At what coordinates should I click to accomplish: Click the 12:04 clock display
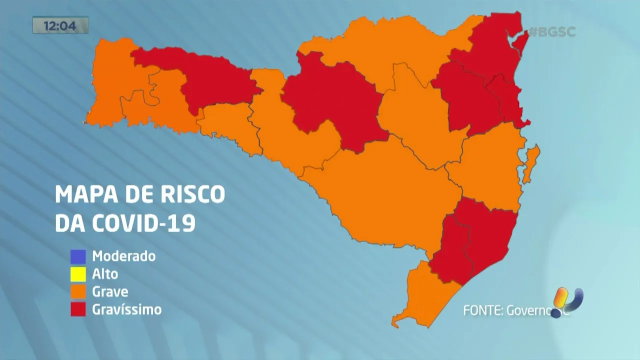(60, 25)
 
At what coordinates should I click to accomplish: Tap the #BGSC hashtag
(552, 32)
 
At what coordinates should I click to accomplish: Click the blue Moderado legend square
(78, 256)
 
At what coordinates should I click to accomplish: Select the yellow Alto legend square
(78, 274)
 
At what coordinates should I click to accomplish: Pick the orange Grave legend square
(78, 291)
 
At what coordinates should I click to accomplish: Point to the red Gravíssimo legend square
(78, 309)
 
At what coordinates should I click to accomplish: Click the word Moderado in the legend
(124, 256)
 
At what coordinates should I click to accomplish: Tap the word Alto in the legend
(105, 274)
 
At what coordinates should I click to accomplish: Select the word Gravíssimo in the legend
(127, 309)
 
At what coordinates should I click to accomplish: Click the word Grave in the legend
(110, 291)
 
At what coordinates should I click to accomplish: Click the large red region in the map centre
(332, 100)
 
